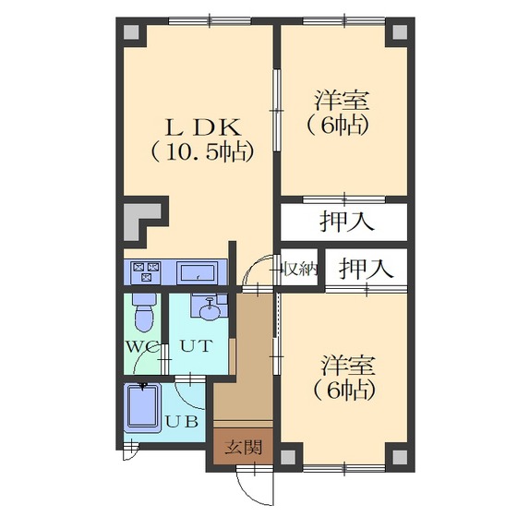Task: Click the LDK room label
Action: click(x=203, y=127)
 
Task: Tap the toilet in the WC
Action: click(x=144, y=312)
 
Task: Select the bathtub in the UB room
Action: click(x=142, y=407)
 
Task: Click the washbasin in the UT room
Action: click(x=209, y=309)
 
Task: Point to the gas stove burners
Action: click(x=146, y=271)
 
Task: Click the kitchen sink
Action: click(x=198, y=272)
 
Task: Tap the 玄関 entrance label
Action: click(x=244, y=448)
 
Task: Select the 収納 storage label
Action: click(x=301, y=270)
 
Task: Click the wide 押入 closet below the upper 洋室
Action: click(x=343, y=222)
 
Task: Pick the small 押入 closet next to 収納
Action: click(x=366, y=268)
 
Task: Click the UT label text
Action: click(x=195, y=346)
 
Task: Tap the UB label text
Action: click(x=182, y=421)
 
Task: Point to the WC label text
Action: click(x=142, y=346)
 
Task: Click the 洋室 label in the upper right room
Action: click(x=342, y=101)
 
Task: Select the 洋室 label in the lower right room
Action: click(x=348, y=365)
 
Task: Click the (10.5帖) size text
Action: click(x=202, y=152)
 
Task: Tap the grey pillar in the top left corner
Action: click(x=131, y=32)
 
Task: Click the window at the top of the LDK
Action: click(x=210, y=21)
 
